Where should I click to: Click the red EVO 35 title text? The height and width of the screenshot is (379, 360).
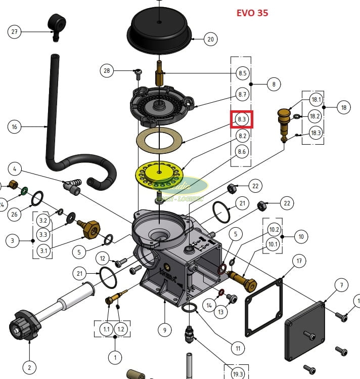(x=252, y=13)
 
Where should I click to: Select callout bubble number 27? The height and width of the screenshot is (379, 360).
(x=15, y=32)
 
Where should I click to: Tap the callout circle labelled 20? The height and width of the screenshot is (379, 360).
(x=210, y=39)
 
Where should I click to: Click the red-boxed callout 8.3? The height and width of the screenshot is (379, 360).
(x=242, y=120)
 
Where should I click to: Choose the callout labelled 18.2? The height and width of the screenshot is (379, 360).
(x=316, y=116)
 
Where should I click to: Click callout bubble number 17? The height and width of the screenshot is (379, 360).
(x=299, y=261)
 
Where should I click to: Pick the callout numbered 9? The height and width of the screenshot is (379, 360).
(x=164, y=330)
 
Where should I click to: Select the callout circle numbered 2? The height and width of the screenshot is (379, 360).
(x=29, y=366)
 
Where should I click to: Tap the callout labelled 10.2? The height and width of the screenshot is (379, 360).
(x=274, y=229)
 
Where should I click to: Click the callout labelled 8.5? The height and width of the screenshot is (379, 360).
(x=242, y=73)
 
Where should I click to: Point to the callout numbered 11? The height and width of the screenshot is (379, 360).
(x=236, y=348)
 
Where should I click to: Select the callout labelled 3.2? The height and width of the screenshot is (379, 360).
(x=43, y=220)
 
